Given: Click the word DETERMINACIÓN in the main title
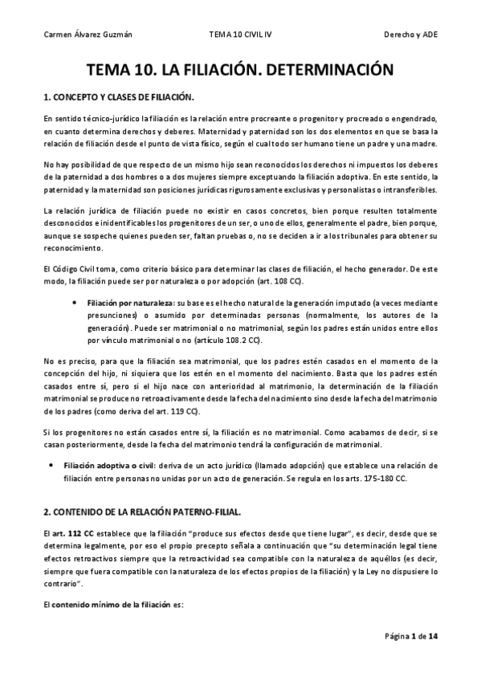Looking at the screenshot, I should pos(316,71).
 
